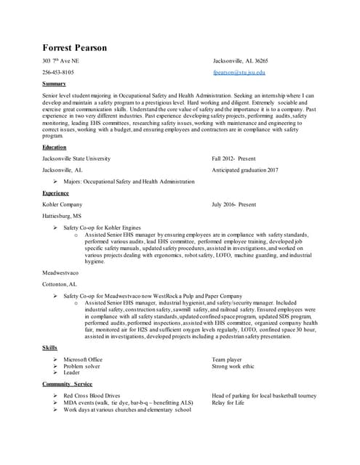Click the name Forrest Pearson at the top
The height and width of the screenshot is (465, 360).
point(74,48)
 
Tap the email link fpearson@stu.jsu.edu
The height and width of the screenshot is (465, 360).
point(239,73)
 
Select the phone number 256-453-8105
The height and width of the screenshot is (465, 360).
point(58,73)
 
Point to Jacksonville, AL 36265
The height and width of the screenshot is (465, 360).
point(241,61)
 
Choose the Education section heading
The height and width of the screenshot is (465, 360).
point(55,147)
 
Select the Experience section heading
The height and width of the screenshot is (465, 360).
point(56,194)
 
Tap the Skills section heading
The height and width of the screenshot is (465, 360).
point(49,348)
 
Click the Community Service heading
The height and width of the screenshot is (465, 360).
point(67,384)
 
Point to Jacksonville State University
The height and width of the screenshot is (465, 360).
point(76,158)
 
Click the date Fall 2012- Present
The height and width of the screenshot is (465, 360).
point(234,158)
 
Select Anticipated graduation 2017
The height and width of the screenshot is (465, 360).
point(245,169)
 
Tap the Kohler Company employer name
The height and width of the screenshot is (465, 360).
point(63,205)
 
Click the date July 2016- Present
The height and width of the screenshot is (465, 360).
point(234,205)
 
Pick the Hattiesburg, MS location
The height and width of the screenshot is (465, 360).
point(63,217)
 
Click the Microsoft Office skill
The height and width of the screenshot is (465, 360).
point(83,359)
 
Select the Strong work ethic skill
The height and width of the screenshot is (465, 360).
point(233,366)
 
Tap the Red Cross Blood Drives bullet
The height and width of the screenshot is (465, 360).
point(93,395)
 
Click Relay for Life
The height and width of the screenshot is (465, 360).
point(228,403)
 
